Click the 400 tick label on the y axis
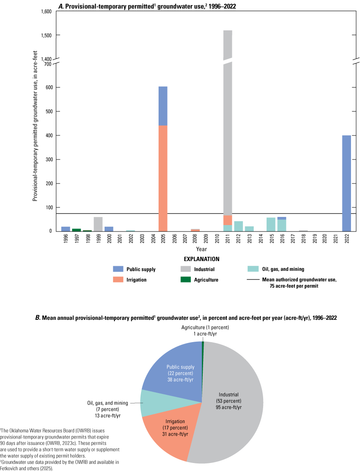point(47,135)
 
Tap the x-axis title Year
point(201,249)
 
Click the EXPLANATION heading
point(201,259)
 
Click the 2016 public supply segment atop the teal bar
point(282,218)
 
